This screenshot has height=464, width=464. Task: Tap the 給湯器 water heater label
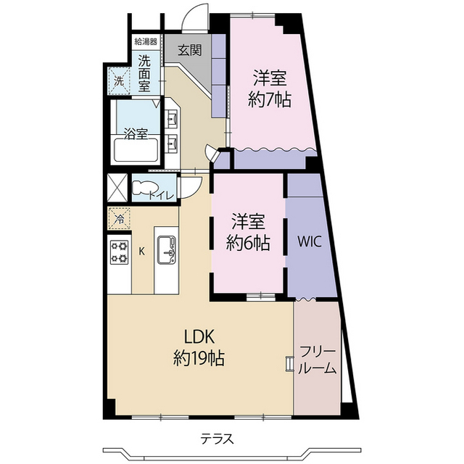point(144,42)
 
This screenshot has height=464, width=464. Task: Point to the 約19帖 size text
point(197,357)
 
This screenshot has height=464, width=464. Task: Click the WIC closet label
point(312,239)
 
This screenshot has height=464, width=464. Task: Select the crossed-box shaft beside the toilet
point(117,186)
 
